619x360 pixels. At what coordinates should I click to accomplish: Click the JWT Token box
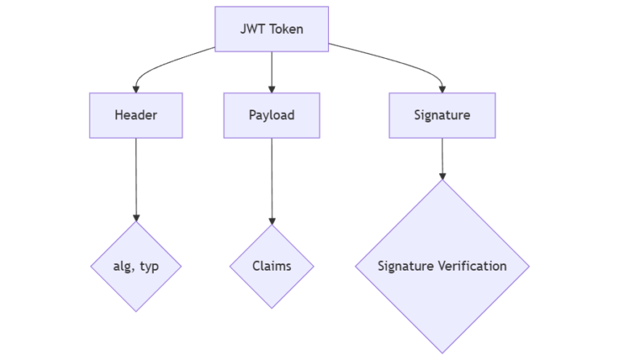click(x=272, y=29)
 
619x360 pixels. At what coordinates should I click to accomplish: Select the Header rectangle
click(x=135, y=114)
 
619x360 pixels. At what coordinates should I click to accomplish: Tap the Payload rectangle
click(x=272, y=114)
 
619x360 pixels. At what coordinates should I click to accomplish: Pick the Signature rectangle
click(x=442, y=114)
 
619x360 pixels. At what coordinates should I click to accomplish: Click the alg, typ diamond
click(x=135, y=266)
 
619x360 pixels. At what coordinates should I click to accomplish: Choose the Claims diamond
click(x=272, y=266)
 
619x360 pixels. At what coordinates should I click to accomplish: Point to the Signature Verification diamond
click(x=442, y=266)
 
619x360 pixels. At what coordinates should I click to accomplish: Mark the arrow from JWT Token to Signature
click(x=395, y=60)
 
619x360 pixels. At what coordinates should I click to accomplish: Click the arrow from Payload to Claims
click(x=272, y=180)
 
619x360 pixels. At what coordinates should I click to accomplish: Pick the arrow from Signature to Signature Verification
click(x=442, y=158)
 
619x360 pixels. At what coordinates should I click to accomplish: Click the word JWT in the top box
click(x=251, y=29)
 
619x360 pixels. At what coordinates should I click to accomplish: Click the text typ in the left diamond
click(x=148, y=266)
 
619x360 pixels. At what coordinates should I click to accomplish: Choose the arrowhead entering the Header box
click(x=135, y=88)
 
